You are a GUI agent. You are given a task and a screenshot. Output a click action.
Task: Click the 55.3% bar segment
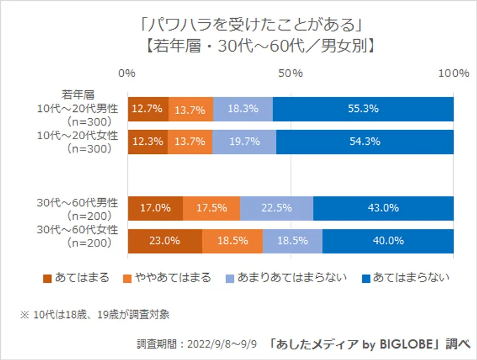point(363,109)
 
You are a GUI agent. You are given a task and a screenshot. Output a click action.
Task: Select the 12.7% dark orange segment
point(148,109)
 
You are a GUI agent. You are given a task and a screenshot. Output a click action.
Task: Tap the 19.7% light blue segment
point(244,142)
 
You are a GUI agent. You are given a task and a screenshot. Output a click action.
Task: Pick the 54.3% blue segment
point(365,142)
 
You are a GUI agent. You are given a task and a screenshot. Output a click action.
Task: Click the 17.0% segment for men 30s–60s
point(155,208)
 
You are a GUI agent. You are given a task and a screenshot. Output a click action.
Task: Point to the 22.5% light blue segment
point(276,208)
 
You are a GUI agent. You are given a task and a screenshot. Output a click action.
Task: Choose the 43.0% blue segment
point(383,208)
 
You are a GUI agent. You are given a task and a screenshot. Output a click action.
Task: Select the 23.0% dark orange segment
point(165,241)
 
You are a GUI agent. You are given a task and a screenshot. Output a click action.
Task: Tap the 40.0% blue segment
point(388,241)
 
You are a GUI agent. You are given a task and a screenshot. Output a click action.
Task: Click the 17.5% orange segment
point(211,208)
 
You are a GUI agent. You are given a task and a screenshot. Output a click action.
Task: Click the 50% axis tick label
point(290,73)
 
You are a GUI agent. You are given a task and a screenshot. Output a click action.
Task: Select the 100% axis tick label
point(454,73)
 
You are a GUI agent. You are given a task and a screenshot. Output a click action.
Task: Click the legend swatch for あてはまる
point(47,278)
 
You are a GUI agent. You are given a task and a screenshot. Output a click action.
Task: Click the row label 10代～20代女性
point(77,136)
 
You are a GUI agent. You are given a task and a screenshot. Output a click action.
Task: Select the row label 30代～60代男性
point(77,202)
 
